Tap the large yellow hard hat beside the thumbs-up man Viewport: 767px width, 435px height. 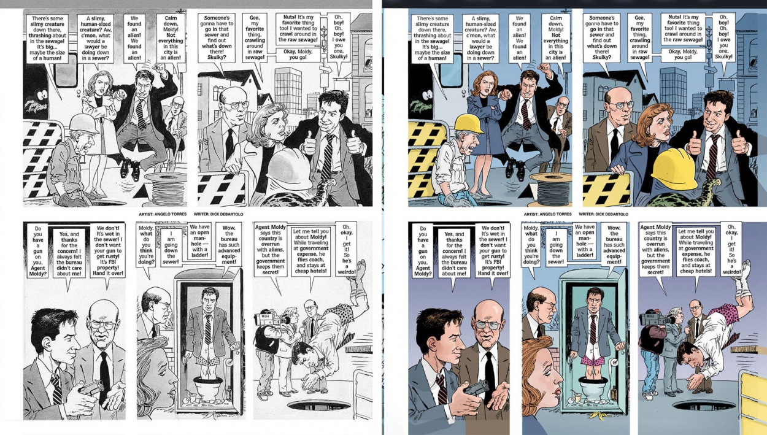674,167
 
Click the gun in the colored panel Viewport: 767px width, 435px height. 477,387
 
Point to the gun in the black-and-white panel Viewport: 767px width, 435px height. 92,387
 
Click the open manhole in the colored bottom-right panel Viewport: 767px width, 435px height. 703,405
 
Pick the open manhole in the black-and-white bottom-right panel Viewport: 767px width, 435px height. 318,405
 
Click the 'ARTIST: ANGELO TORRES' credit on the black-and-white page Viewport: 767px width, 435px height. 163,214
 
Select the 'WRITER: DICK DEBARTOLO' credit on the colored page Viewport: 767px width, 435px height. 604,214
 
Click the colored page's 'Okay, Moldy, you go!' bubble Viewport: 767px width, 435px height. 683,55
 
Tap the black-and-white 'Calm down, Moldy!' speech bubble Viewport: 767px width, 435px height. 171,37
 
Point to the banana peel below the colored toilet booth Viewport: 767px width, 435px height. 599,415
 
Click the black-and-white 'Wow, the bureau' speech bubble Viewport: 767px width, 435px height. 229,245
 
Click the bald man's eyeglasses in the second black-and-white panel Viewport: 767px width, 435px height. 237,104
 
